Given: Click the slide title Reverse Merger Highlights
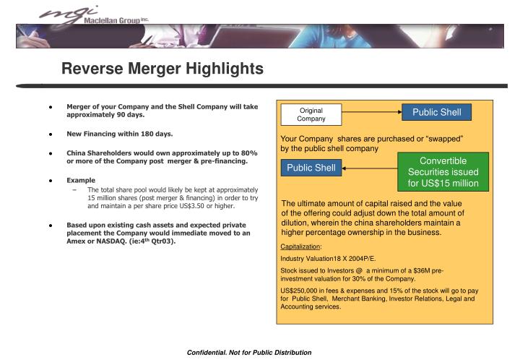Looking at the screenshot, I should click(162, 69).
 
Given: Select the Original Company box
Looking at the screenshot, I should click(312, 114).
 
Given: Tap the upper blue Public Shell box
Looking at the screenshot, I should click(436, 112).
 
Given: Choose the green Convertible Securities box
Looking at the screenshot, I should click(443, 171).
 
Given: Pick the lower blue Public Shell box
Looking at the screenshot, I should click(311, 168).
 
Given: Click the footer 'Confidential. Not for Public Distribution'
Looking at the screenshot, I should click(248, 352).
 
